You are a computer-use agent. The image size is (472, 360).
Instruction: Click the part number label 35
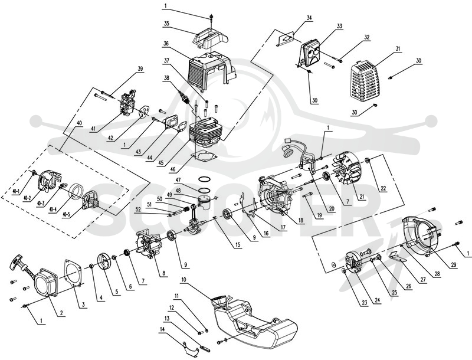(x=166, y=23)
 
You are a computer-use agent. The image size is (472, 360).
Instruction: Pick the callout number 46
(x=172, y=170)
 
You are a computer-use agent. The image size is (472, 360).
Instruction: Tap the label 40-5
(x=66, y=215)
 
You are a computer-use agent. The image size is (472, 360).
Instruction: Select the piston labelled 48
(x=208, y=202)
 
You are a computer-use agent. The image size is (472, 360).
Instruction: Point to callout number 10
(x=184, y=280)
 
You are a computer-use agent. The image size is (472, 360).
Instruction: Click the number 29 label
(x=453, y=265)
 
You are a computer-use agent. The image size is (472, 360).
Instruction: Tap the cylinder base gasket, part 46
(x=205, y=158)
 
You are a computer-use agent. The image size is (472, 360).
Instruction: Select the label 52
(x=138, y=210)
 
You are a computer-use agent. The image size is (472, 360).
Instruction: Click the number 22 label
(x=383, y=189)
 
